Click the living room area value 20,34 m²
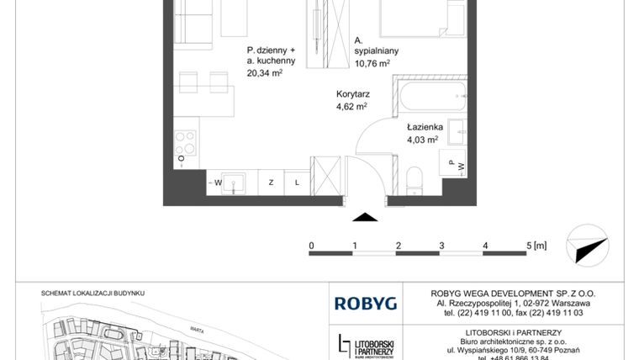[x=264, y=73]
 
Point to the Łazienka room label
[x=424, y=128]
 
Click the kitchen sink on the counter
[x=235, y=182]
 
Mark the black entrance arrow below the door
[x=364, y=217]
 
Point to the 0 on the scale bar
[x=311, y=246]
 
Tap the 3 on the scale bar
[x=441, y=246]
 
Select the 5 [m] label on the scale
[x=536, y=246]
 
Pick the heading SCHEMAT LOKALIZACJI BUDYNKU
[x=93, y=292]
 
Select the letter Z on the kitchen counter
[x=272, y=182]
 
